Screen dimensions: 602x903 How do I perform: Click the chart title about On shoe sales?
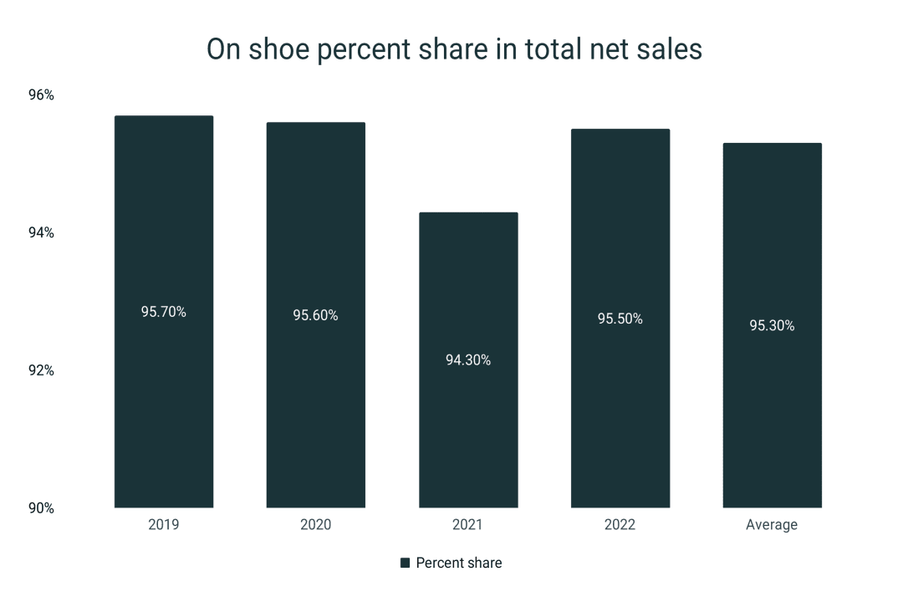454,49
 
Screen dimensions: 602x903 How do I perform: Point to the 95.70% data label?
164,312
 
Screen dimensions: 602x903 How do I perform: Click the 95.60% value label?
315,315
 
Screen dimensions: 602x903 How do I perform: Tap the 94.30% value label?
468,360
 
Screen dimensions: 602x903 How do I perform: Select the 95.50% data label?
620,319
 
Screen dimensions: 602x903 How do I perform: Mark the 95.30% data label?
772,325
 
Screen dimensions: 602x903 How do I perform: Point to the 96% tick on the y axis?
40,95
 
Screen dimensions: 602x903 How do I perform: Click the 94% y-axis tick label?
40,232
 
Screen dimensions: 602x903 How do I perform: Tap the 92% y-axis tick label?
40,370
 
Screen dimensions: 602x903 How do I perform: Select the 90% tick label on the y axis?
40,508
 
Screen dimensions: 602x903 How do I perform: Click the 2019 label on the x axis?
164,525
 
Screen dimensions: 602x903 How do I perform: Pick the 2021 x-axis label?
468,525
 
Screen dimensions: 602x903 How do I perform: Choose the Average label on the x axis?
772,525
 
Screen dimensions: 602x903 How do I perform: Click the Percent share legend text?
459,563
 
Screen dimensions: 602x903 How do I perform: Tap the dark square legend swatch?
406,563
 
